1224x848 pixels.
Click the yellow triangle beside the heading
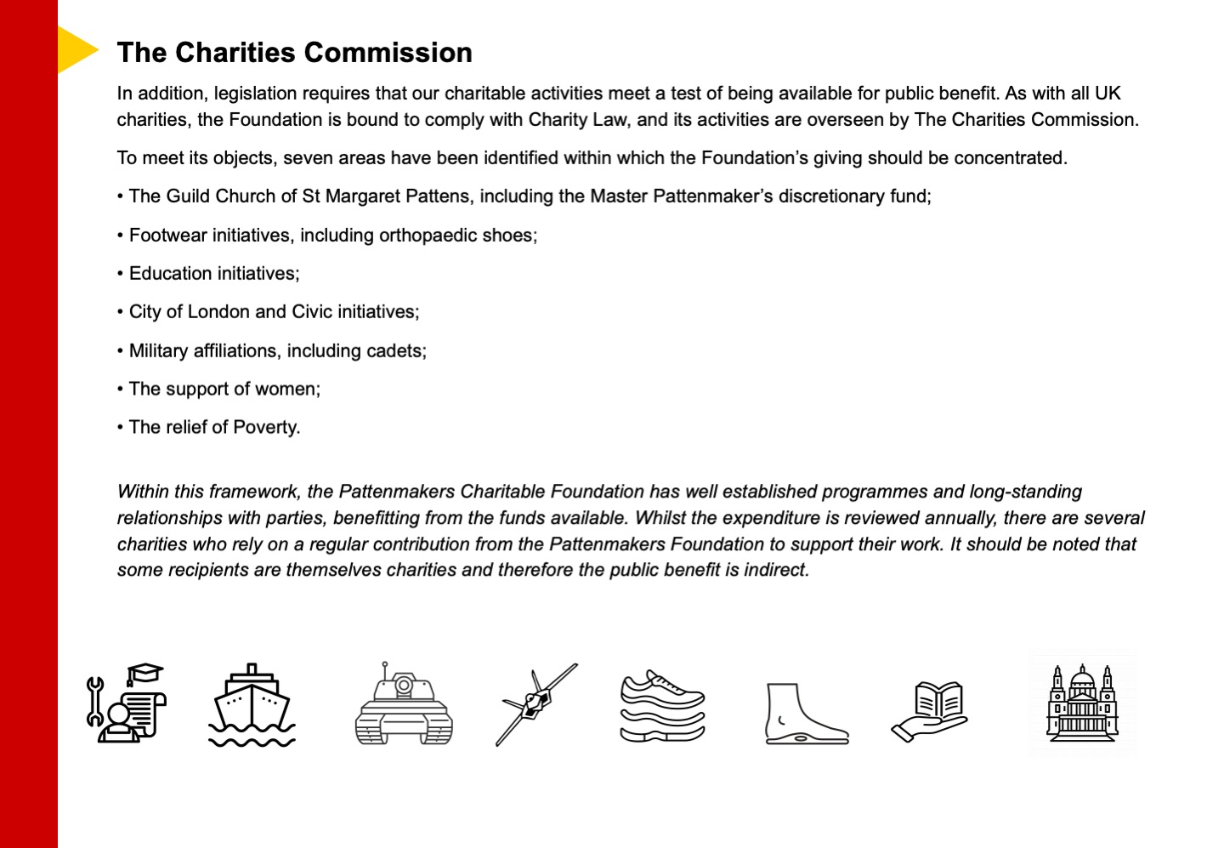click(x=75, y=50)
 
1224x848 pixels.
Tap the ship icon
click(x=252, y=705)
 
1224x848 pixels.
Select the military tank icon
click(x=404, y=704)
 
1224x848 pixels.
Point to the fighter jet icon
click(x=535, y=703)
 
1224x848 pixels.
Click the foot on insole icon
click(x=805, y=714)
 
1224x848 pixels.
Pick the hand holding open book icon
click(x=930, y=710)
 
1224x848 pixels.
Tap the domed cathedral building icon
click(x=1082, y=703)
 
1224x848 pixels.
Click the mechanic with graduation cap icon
click(x=127, y=703)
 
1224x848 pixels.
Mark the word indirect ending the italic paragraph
click(x=776, y=570)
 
